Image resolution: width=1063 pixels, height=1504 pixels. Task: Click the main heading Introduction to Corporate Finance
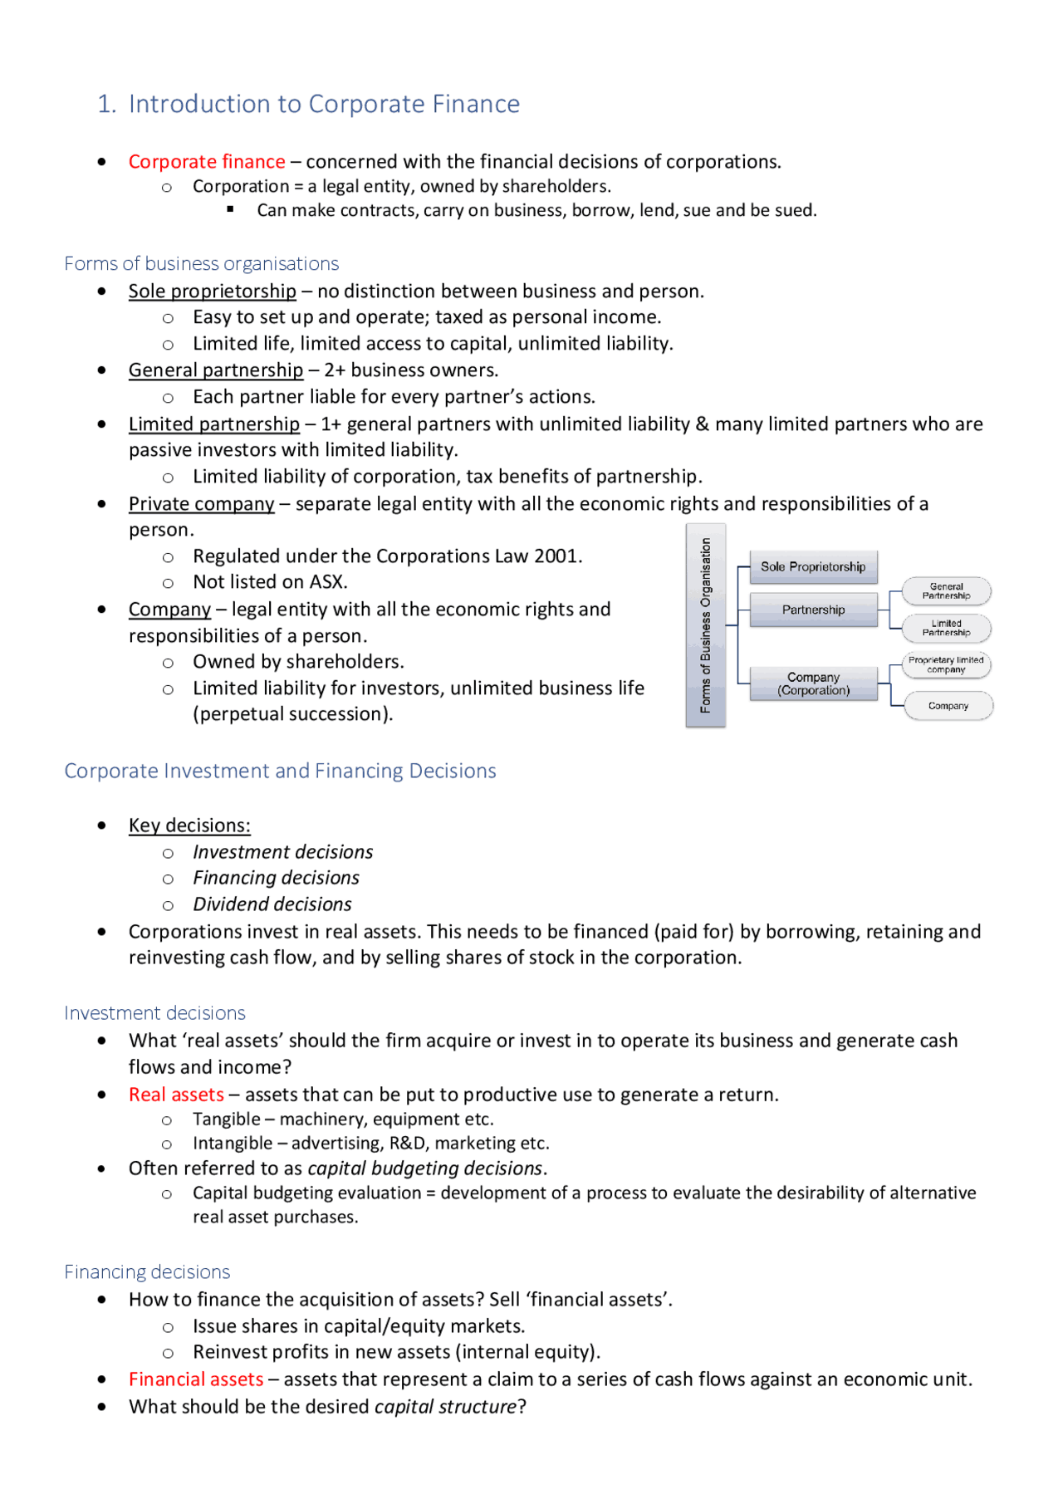pos(324,104)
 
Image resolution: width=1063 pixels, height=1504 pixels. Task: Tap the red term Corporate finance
pos(207,161)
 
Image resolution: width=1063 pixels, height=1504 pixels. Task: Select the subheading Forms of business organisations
pos(202,263)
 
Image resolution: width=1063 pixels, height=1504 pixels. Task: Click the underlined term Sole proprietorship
pos(212,291)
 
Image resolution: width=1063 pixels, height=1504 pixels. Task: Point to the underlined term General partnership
pos(216,370)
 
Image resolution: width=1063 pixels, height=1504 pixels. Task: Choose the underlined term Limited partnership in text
pos(213,424)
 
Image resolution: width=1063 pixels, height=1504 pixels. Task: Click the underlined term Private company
pos(201,503)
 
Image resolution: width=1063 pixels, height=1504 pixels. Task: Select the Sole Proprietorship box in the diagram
pos(813,566)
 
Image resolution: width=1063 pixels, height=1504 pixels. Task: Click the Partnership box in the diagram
pos(813,610)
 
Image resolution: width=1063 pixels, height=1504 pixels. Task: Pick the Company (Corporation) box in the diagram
pos(813,683)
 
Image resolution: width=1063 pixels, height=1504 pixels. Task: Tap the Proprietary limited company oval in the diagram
pos(946,664)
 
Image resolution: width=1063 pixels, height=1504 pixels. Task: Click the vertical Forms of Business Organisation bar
pos(706,625)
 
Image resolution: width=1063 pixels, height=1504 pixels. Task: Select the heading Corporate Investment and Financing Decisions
pos(280,771)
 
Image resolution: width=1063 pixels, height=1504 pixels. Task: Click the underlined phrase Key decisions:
pos(189,825)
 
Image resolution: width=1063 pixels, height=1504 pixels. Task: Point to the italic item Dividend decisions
pos(272,904)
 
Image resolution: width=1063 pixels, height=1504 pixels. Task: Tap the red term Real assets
pos(176,1094)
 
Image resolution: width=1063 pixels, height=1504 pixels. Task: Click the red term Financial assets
pos(196,1379)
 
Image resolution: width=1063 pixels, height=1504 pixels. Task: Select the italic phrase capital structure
pos(445,1406)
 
